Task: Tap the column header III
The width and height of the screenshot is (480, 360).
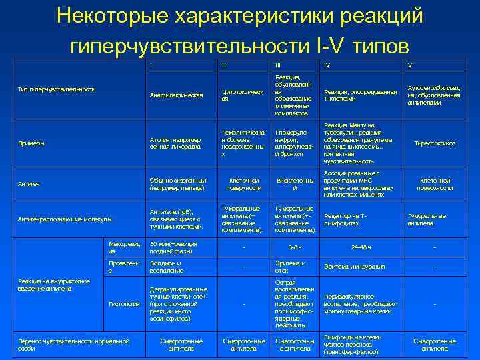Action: [277, 65]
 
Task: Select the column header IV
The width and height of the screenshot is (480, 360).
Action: [327, 65]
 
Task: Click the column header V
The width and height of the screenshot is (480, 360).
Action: [410, 65]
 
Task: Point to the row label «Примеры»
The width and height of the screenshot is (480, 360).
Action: [31, 143]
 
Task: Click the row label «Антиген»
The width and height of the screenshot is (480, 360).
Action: [29, 184]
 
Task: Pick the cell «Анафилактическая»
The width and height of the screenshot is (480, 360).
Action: [176, 95]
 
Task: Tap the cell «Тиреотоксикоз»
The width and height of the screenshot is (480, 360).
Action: [435, 143]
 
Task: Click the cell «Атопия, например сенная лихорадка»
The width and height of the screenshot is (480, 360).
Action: [175, 143]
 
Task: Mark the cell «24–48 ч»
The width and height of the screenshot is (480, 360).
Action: [360, 247]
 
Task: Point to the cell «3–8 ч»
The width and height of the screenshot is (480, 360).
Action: [295, 247]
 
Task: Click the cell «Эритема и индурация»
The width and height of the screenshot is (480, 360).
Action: [354, 267]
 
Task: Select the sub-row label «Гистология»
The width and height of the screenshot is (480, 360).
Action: [124, 303]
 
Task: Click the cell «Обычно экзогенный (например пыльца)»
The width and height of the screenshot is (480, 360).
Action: [178, 184]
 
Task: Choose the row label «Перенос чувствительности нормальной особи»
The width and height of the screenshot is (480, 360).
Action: [73, 344]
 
